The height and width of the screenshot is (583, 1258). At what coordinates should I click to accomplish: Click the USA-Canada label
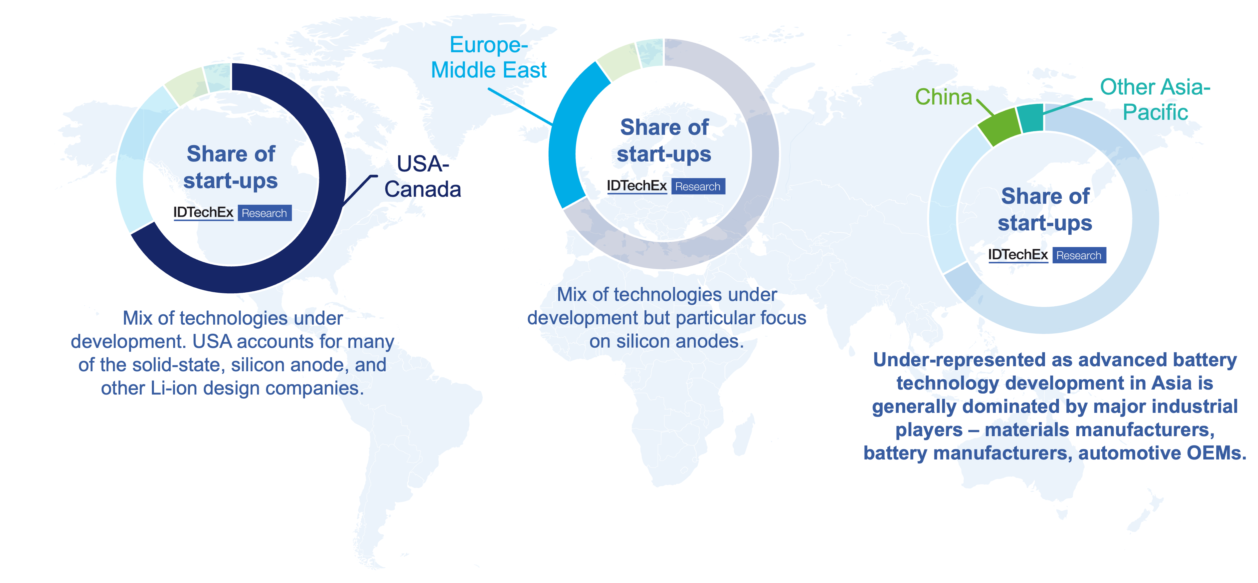coord(423,176)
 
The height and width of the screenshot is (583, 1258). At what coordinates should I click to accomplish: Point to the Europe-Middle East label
coord(488,57)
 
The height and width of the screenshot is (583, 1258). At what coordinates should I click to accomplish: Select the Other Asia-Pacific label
coord(1155,99)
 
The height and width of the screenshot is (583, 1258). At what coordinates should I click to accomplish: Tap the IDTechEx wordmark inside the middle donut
coord(637,186)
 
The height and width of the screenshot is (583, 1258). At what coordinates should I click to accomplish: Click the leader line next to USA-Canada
coord(360,189)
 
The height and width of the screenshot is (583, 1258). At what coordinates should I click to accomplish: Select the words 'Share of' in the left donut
coord(231,153)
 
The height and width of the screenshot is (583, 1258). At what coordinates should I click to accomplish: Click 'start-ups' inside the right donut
coord(1045,223)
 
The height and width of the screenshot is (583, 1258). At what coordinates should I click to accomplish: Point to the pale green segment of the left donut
coord(186,86)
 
